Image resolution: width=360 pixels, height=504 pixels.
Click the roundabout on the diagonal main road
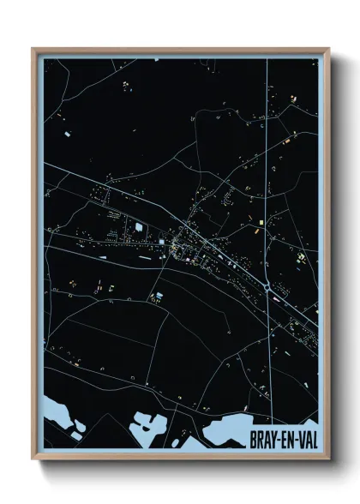[x=270, y=289]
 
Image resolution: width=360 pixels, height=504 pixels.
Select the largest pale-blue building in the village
[x=137, y=227]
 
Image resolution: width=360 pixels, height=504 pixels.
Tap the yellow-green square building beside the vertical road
[x=300, y=257]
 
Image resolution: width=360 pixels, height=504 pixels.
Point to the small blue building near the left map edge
[x=65, y=135]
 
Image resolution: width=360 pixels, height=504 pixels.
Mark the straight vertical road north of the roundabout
[x=267, y=171]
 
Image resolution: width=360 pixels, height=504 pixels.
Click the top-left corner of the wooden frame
[x=33, y=49]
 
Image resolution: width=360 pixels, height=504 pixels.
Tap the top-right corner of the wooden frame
[x=327, y=49]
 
